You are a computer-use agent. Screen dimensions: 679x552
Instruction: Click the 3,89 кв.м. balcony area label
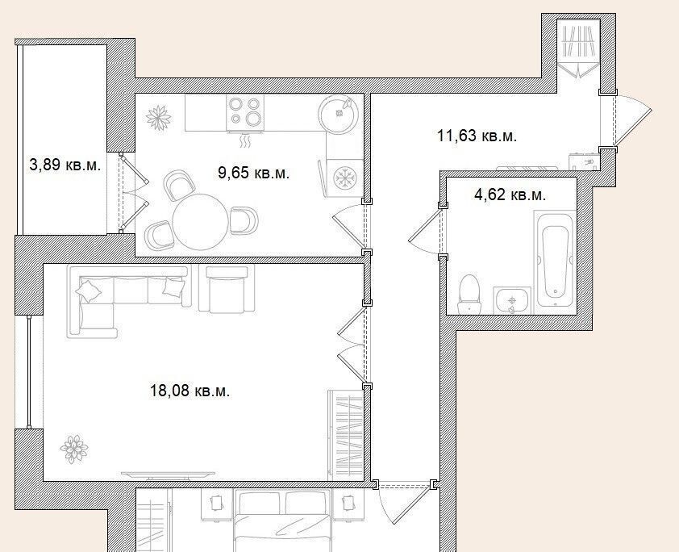pyautogui.click(x=65, y=165)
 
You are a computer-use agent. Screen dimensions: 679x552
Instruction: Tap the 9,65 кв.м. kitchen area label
pyautogui.click(x=254, y=173)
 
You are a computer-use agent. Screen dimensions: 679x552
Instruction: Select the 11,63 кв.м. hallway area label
pyautogui.click(x=477, y=136)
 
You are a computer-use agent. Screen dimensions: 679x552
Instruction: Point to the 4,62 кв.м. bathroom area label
pyautogui.click(x=510, y=194)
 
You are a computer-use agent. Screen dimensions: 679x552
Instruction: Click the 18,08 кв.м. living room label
pyautogui.click(x=190, y=391)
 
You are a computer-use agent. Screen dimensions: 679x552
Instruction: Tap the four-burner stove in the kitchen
pyautogui.click(x=245, y=111)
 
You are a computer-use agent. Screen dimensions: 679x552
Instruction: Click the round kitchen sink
pyautogui.click(x=339, y=114)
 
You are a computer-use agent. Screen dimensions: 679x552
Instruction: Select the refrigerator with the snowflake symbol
pyautogui.click(x=344, y=178)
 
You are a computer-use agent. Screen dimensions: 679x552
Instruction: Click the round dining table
pyautogui.click(x=201, y=221)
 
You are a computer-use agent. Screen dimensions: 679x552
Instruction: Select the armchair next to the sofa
pyautogui.click(x=227, y=289)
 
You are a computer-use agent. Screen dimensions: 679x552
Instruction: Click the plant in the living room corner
pyautogui.click(x=74, y=449)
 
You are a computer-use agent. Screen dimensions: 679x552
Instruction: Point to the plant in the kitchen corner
pyautogui.click(x=159, y=117)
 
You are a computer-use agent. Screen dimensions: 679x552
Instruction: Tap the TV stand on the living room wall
pyautogui.click(x=168, y=476)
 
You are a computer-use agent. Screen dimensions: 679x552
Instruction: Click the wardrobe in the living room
pyautogui.click(x=345, y=435)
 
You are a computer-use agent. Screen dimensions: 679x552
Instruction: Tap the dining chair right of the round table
pyautogui.click(x=244, y=220)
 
